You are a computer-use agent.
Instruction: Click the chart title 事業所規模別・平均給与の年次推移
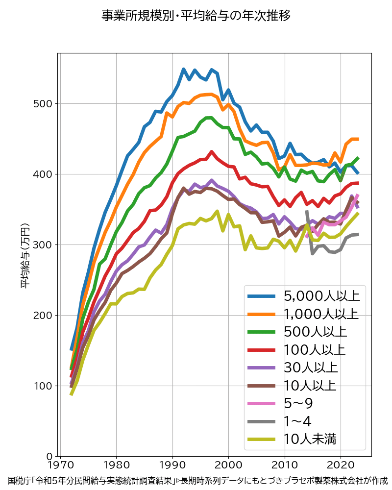(196, 16)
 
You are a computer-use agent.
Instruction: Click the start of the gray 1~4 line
(307, 212)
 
